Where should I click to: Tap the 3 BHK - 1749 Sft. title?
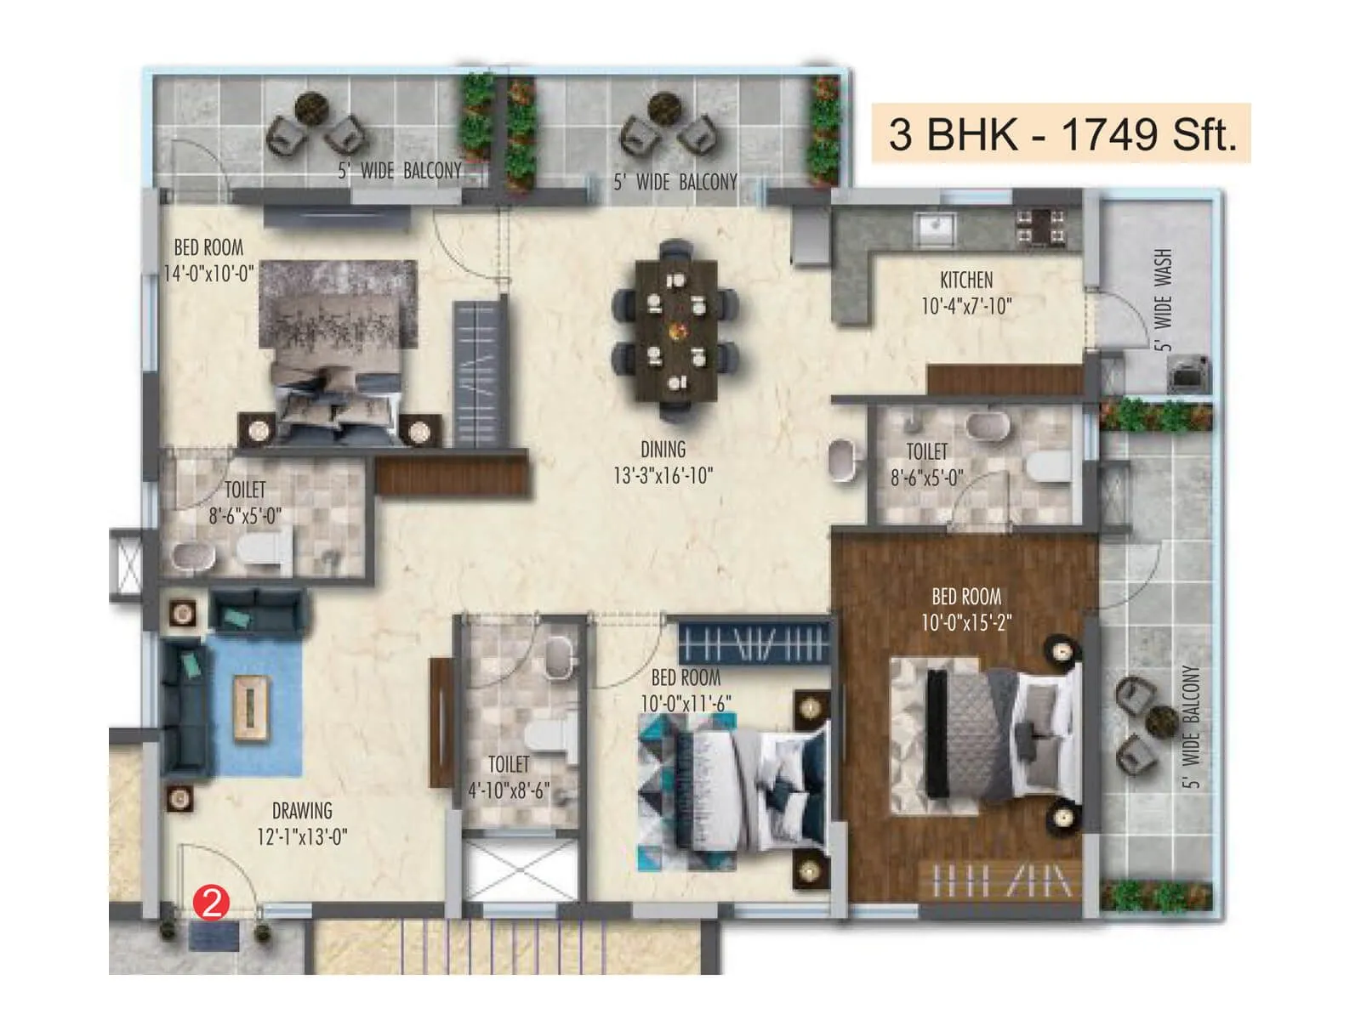[x=1061, y=134]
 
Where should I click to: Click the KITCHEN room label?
[x=965, y=280]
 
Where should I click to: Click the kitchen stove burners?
[x=1040, y=227]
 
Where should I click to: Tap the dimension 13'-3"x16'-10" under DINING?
[x=663, y=475]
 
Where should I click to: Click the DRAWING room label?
[x=302, y=810]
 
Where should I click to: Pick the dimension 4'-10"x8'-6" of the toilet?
[x=509, y=790]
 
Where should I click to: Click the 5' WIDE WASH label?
[x=1163, y=299]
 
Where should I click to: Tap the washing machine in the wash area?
[x=1187, y=373]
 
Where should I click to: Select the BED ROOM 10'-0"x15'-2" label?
[x=966, y=609]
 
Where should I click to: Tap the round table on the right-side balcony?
[x=1160, y=722]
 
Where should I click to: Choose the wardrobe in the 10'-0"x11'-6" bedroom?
[x=753, y=643]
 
